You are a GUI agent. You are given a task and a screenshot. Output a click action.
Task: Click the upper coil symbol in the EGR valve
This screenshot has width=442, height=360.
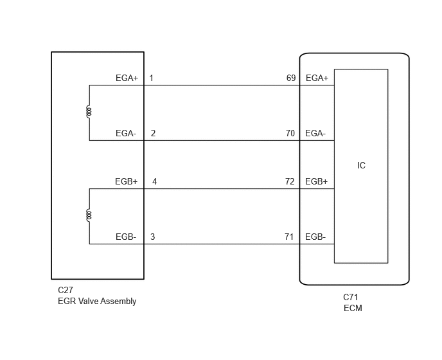pyautogui.click(x=89, y=112)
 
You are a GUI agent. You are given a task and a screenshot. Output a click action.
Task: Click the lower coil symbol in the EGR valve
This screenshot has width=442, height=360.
pyautogui.click(x=89, y=215)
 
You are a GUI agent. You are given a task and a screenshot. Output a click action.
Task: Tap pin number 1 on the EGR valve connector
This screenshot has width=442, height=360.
pyautogui.click(x=152, y=78)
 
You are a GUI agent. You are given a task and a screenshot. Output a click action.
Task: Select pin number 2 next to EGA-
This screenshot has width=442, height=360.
pyautogui.click(x=153, y=133)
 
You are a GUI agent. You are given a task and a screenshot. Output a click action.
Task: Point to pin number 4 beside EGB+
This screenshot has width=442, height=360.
pyautogui.click(x=154, y=181)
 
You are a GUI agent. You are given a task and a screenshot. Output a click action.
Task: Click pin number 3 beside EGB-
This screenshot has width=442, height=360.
pyautogui.click(x=153, y=237)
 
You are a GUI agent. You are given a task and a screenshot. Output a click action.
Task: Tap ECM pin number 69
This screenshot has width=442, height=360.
pyautogui.click(x=291, y=78)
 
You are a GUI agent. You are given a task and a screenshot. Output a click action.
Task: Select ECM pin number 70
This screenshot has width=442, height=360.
pyautogui.click(x=290, y=133)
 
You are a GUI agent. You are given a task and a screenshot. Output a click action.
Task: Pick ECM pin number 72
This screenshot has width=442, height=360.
pyautogui.click(x=290, y=181)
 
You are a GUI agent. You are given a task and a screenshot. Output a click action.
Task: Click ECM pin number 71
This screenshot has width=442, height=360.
pyautogui.click(x=289, y=237)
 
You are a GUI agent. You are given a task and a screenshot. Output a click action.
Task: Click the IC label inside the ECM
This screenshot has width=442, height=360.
pyautogui.click(x=361, y=165)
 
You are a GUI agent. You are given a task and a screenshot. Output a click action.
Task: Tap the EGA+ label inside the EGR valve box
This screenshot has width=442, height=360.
pyautogui.click(x=127, y=78)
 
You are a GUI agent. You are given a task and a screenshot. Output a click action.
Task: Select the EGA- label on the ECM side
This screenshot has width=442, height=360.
pyautogui.click(x=315, y=133)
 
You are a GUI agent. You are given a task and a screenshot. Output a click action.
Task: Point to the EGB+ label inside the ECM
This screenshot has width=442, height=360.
pyautogui.click(x=317, y=181)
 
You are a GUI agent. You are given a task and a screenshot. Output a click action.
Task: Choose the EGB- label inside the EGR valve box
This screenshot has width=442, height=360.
pyautogui.click(x=126, y=237)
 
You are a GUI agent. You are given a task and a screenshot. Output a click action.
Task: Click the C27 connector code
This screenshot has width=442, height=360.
pyautogui.click(x=66, y=290)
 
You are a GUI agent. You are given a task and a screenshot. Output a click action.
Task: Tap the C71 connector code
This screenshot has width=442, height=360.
pyautogui.click(x=351, y=297)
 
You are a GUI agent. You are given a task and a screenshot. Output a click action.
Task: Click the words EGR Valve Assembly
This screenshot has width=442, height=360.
pyautogui.click(x=97, y=301)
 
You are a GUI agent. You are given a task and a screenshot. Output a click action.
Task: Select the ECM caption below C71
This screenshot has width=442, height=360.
pyautogui.click(x=353, y=308)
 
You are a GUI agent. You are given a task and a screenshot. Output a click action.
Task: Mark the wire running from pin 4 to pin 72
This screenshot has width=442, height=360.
pyautogui.click(x=222, y=189)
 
